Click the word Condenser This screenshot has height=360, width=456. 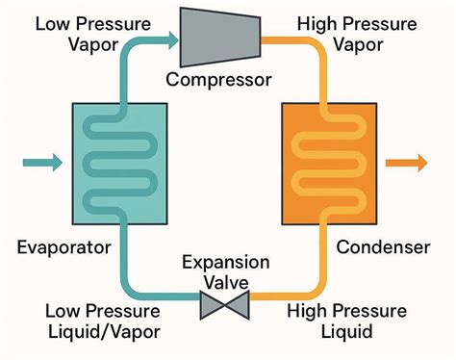383,248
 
